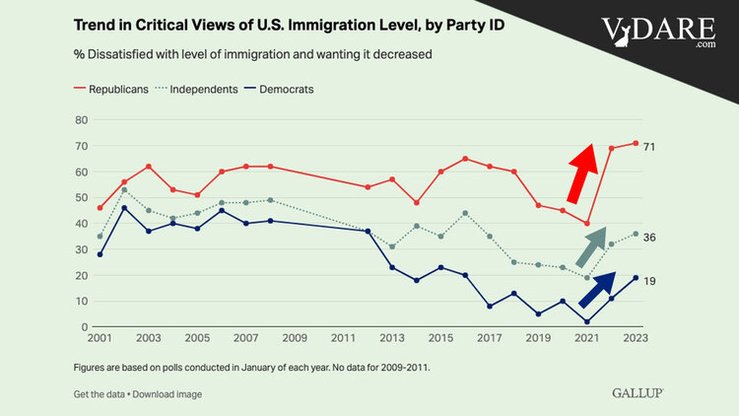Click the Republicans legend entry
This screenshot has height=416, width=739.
(110, 89)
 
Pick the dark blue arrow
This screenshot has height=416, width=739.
(597, 290)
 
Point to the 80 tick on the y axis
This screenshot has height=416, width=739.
(82, 120)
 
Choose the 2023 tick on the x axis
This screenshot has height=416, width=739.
(636, 339)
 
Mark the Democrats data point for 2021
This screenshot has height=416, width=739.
(586, 321)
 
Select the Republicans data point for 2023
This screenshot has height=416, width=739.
(636, 143)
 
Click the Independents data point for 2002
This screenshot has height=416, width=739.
(124, 189)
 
